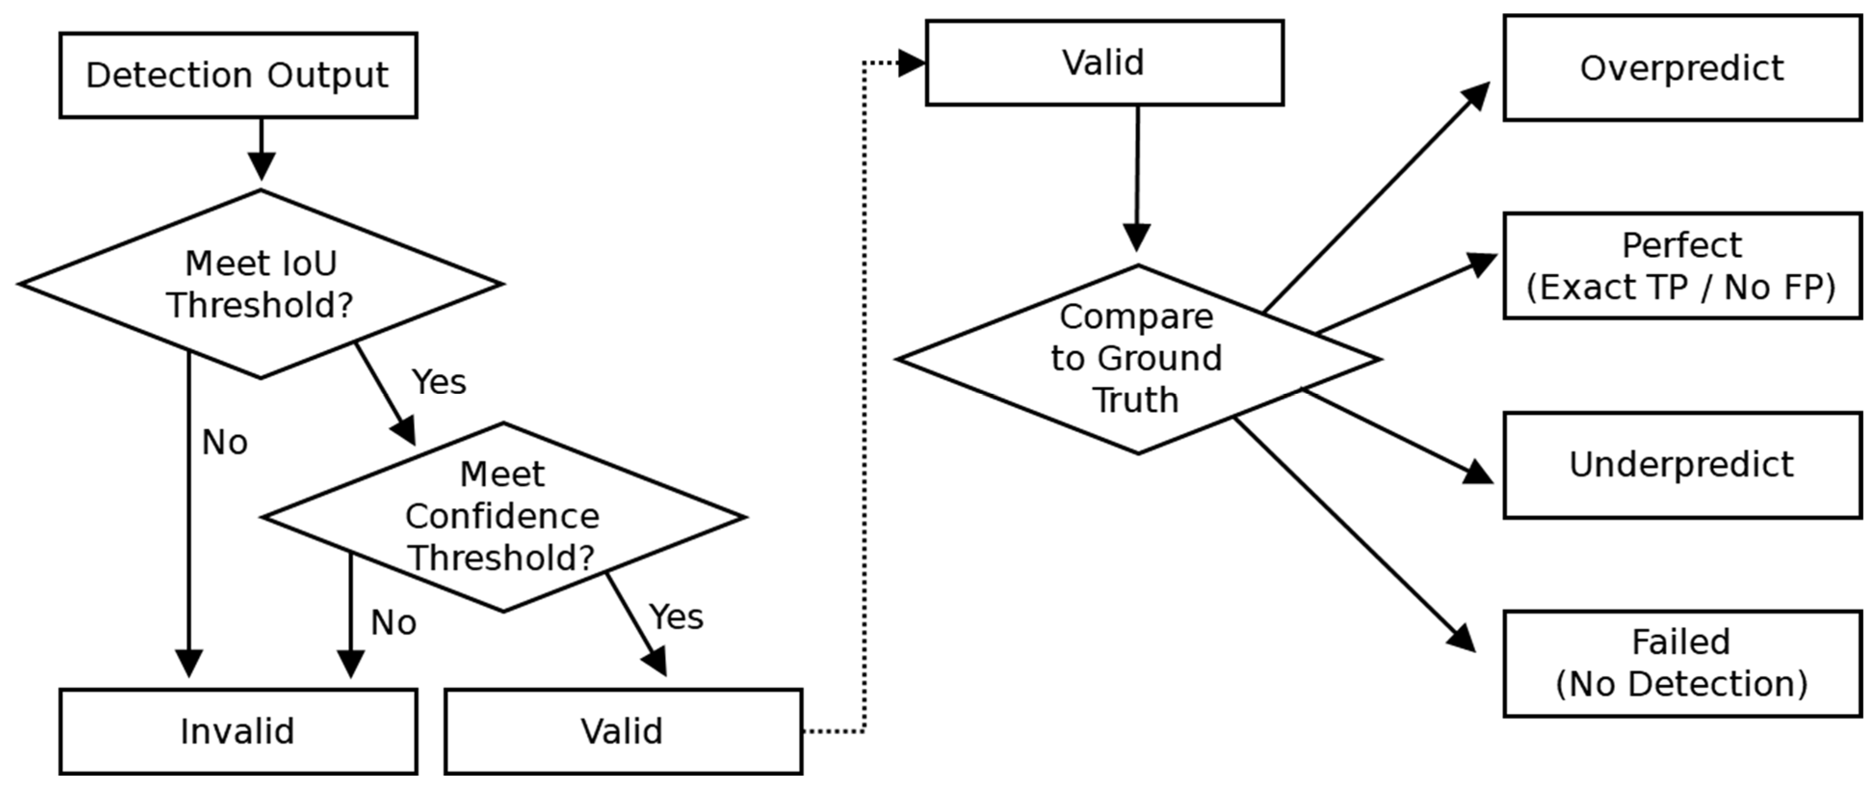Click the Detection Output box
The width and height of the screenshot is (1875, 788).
(x=238, y=75)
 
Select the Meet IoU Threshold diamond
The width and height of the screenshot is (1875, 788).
(x=260, y=284)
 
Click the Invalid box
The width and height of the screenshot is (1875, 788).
(x=238, y=731)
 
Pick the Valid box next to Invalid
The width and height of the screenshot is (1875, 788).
(x=623, y=731)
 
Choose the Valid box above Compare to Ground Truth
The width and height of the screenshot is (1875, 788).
(x=1104, y=63)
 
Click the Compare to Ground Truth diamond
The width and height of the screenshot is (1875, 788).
(x=1138, y=359)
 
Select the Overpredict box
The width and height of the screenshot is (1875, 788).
(x=1682, y=68)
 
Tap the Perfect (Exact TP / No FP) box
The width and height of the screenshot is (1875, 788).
(x=1682, y=266)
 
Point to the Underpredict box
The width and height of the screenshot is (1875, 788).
(x=1682, y=465)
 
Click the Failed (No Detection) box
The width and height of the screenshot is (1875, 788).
(x=1682, y=663)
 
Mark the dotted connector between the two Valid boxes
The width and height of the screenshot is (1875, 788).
(x=864, y=397)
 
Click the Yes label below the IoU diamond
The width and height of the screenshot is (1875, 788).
(x=439, y=381)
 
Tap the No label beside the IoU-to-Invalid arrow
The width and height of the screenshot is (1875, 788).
(x=225, y=442)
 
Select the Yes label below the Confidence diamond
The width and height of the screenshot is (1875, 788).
(x=676, y=617)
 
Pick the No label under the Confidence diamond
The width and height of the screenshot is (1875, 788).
(x=394, y=623)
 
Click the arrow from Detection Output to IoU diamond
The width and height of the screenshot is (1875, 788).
(x=261, y=149)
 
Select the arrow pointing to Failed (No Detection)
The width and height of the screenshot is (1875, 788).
(x=1354, y=535)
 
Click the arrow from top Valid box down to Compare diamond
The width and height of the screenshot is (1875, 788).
(x=1137, y=178)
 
